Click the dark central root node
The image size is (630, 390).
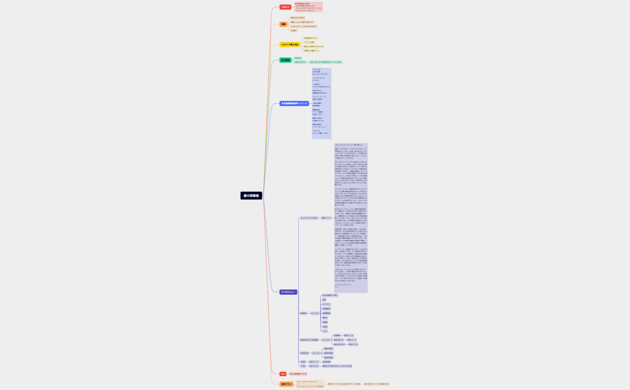[x=252, y=196]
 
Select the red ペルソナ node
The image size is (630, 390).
[x=286, y=7]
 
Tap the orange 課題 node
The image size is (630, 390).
[x=283, y=25]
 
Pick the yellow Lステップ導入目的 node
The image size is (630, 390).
[x=289, y=44]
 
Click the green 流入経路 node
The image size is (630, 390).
[x=285, y=61]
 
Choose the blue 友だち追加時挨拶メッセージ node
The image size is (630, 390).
[x=294, y=104]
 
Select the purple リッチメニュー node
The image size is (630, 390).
[x=288, y=292]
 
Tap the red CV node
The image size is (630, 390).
[x=283, y=374]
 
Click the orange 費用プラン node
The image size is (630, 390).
[x=286, y=384]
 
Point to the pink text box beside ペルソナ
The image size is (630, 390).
[x=308, y=7]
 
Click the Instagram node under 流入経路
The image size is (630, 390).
[x=298, y=58]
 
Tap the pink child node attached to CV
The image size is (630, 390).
[x=298, y=374]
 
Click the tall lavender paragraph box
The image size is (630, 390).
[x=351, y=218]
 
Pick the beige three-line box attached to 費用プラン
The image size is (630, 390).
[x=310, y=384]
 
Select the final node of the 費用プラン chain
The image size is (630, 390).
[x=376, y=384]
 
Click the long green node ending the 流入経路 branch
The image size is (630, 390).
[x=325, y=62]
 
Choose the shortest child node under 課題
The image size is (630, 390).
[x=293, y=31]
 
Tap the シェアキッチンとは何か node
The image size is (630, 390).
[x=308, y=218]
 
